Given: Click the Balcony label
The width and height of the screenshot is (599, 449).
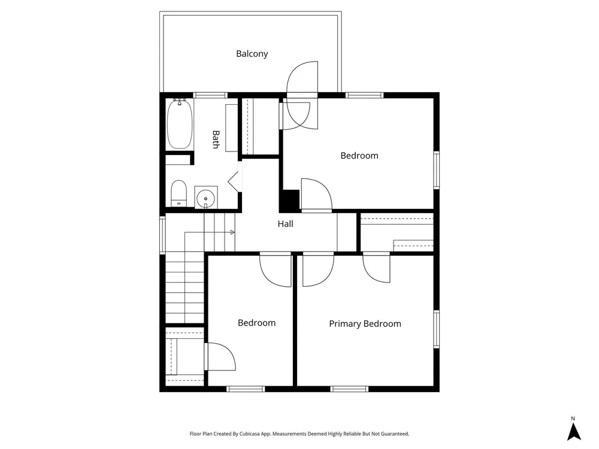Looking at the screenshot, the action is click(252, 54).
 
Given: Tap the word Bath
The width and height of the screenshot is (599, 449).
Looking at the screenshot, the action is click(216, 139).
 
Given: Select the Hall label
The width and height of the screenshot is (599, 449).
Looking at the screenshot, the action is click(285, 224).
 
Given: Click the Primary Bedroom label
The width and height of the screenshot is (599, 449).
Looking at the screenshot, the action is click(365, 324).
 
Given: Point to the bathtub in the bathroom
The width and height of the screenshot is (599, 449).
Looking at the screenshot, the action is click(180, 124).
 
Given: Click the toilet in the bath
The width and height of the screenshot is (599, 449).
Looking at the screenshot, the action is click(179, 193).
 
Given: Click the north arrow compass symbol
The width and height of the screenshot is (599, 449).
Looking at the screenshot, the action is click(573, 432).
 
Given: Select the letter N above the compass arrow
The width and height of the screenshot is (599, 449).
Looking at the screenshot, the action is click(573, 418).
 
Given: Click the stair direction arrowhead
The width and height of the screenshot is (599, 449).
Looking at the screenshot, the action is click(232, 232).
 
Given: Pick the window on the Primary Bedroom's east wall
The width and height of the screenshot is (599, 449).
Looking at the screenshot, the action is click(436, 329).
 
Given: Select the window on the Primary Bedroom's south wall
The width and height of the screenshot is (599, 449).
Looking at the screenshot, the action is click(349, 389).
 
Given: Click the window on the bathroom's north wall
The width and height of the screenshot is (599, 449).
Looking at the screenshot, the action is click(210, 95).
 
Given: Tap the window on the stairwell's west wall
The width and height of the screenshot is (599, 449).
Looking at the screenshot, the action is click(162, 235).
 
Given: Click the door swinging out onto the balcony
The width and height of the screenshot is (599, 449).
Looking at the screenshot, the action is click(302, 77).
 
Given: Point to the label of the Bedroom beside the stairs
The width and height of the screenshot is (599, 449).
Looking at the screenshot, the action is click(257, 323).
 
